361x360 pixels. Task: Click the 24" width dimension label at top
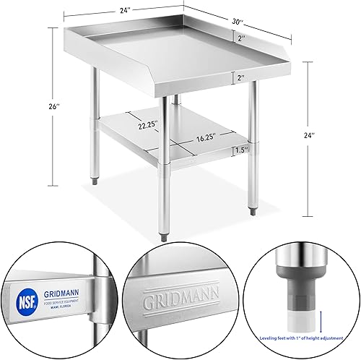(126, 11)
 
